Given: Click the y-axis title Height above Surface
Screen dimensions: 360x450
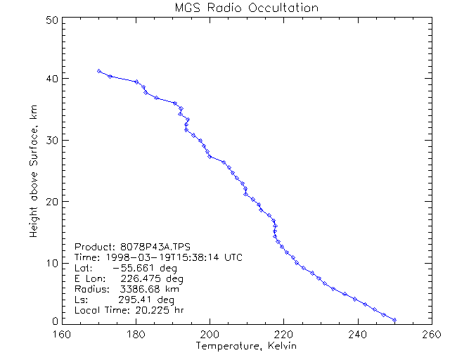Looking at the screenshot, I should [34, 170].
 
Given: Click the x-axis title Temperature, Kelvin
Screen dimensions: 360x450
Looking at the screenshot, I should [246, 347].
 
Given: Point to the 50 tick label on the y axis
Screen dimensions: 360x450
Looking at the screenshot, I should [51, 20].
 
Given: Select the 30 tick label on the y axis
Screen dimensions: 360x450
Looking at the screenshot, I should [51, 140].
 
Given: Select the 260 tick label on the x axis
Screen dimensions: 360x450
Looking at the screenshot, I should [431, 333].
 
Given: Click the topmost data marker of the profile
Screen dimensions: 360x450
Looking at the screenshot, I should [99, 71].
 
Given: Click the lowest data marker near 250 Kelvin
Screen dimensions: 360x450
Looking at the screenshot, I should [394, 320].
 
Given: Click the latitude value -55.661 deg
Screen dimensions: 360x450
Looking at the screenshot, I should [139, 268].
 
